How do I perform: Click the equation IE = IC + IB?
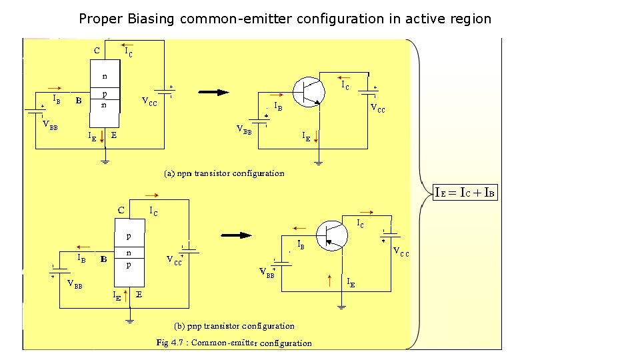tap(465, 193)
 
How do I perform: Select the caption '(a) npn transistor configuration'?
tap(225, 173)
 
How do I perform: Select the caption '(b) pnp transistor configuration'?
tap(234, 326)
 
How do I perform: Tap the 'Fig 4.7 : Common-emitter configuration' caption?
tap(234, 343)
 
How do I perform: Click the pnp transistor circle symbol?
tap(331, 235)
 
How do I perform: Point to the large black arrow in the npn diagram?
tap(213, 93)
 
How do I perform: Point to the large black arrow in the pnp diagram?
tap(237, 235)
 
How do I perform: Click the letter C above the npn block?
tap(97, 50)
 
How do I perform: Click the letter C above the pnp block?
tap(121, 210)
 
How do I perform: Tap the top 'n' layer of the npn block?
tap(105, 75)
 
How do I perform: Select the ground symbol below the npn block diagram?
tap(105, 160)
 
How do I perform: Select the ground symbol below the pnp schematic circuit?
tap(341, 307)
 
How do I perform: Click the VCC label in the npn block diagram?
tap(149, 102)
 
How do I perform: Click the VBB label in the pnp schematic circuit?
tap(267, 272)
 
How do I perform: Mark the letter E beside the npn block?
tap(114, 135)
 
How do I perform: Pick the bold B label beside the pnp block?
tap(103, 259)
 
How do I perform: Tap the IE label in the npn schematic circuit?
tap(305, 137)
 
